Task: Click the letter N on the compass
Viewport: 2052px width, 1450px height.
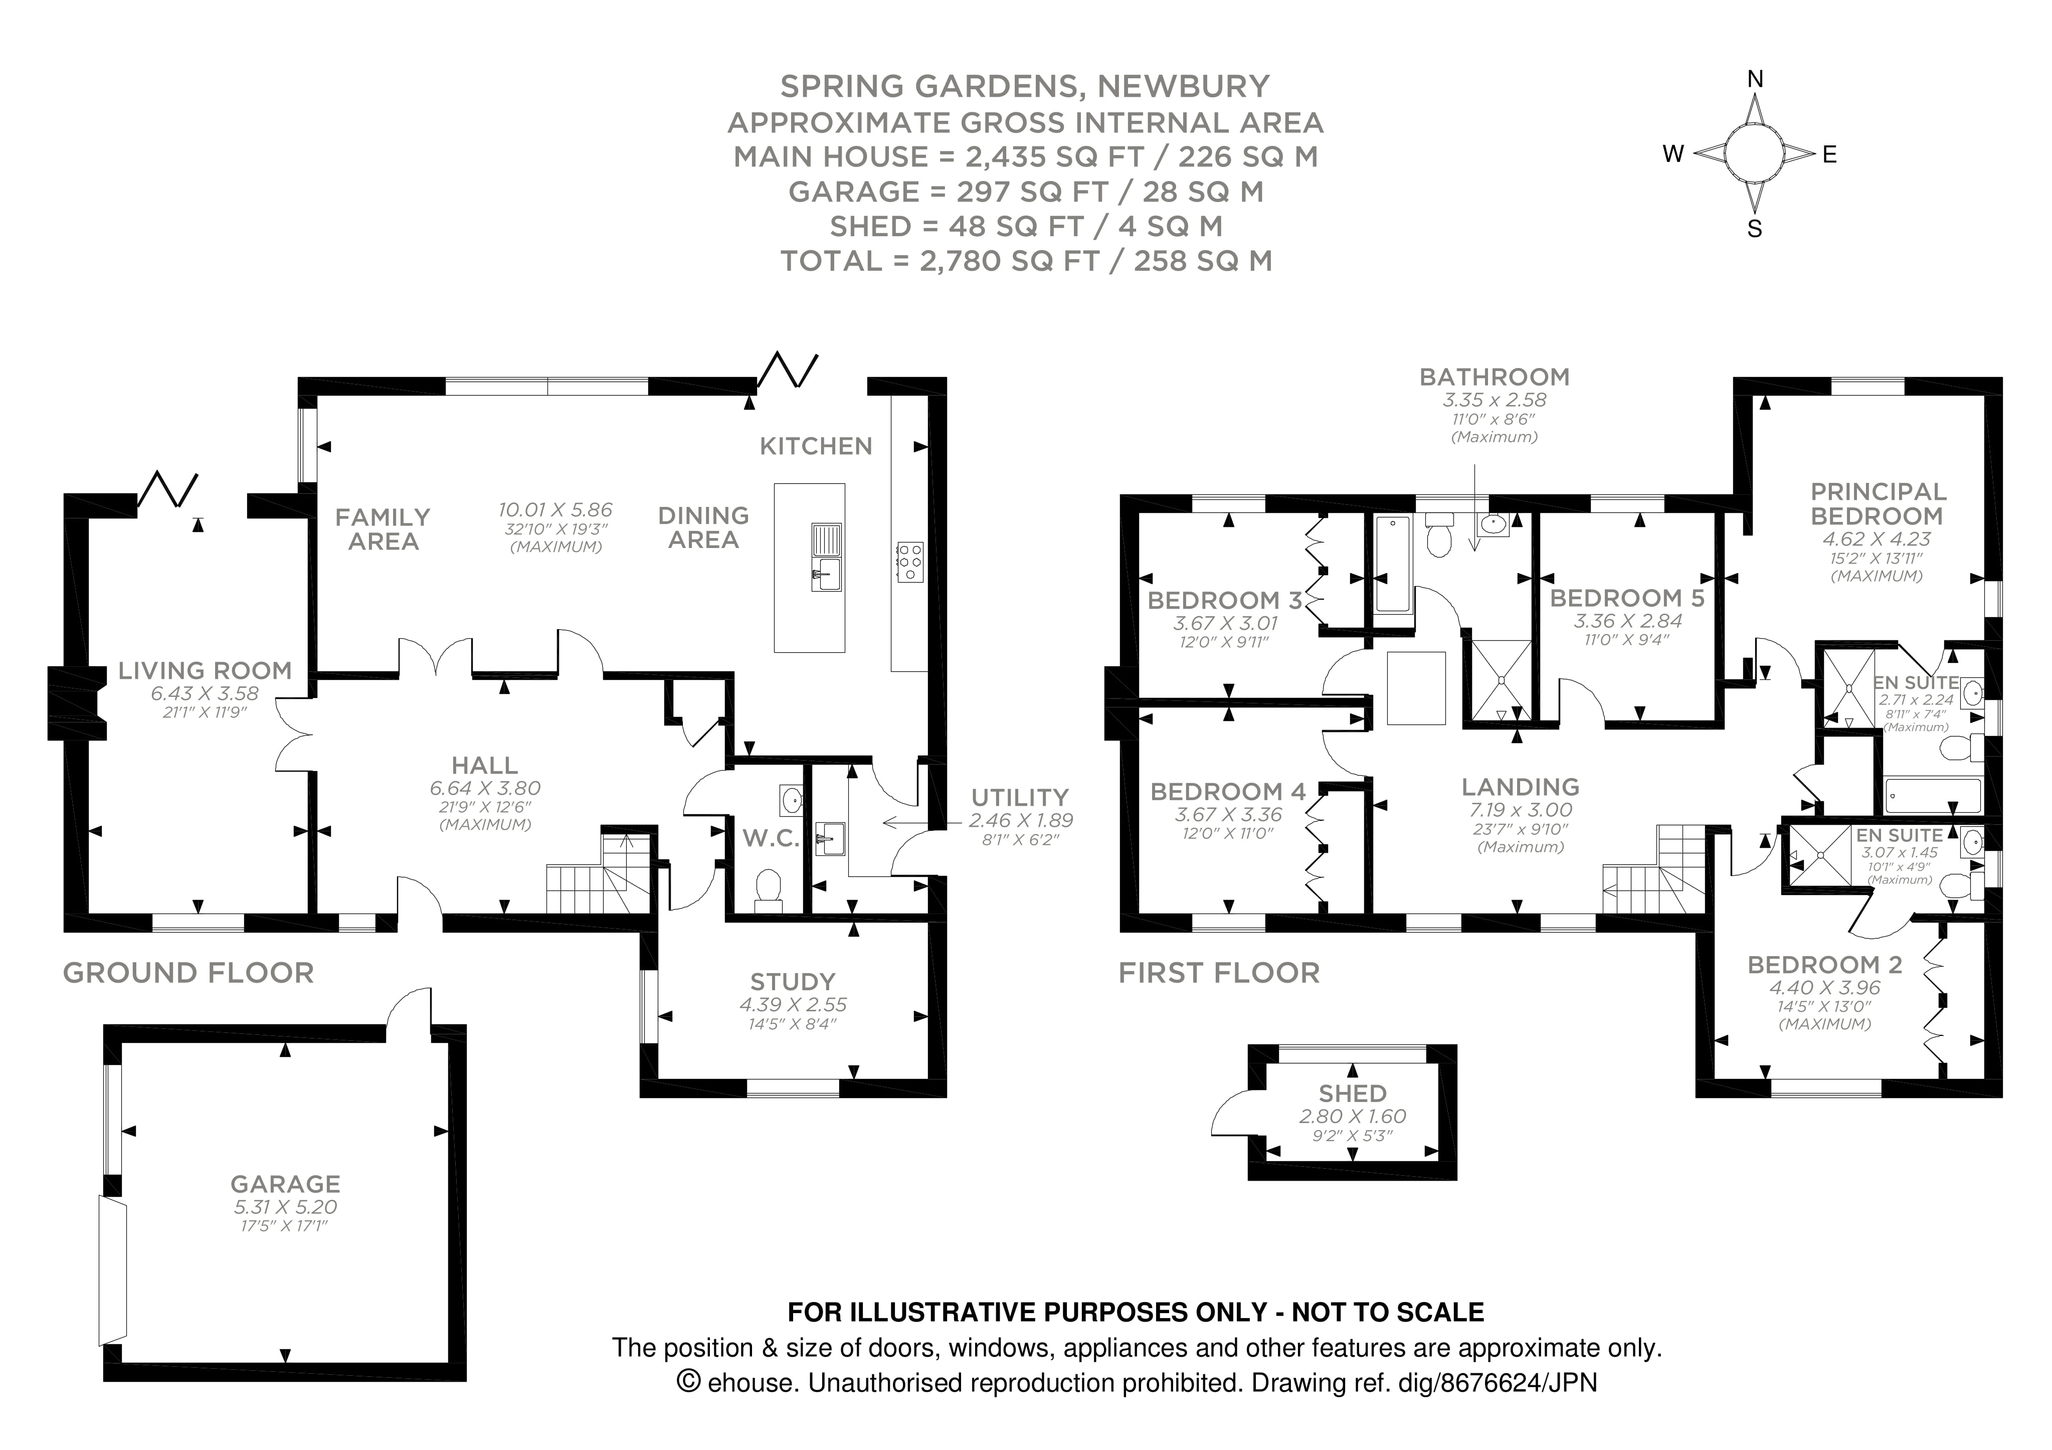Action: [x=1754, y=80]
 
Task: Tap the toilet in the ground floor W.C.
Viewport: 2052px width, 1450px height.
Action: [x=767, y=888]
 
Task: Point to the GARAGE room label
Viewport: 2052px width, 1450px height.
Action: [x=285, y=1184]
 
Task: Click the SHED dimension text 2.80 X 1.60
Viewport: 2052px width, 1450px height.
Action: [x=1352, y=1117]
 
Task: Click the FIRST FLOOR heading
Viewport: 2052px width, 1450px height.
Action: [x=1218, y=973]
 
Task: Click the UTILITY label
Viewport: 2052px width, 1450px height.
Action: [x=1020, y=797]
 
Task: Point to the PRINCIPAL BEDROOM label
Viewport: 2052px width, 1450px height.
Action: [x=1878, y=503]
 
